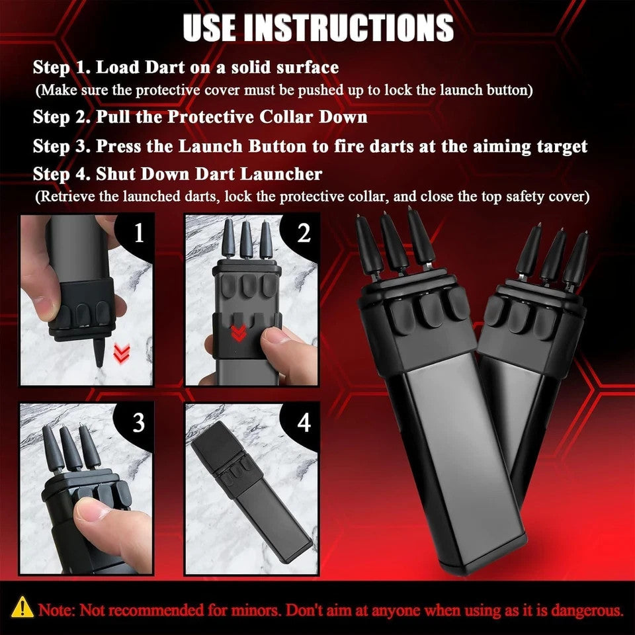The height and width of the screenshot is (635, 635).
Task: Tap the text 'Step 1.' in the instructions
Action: tap(62, 67)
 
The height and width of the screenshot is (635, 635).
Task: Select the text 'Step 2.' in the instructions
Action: tap(62, 118)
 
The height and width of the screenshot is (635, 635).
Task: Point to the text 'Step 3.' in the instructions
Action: tap(62, 146)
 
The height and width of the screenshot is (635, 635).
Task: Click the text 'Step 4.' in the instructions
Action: tap(62, 175)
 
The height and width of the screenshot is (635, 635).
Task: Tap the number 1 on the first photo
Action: tap(138, 233)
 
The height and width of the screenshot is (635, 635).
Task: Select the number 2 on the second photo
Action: tap(304, 233)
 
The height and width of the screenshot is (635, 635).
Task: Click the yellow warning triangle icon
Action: tap(23, 607)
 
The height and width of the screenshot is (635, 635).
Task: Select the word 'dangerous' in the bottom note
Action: tap(587, 609)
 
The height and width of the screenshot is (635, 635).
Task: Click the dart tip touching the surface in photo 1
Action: tap(98, 358)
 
